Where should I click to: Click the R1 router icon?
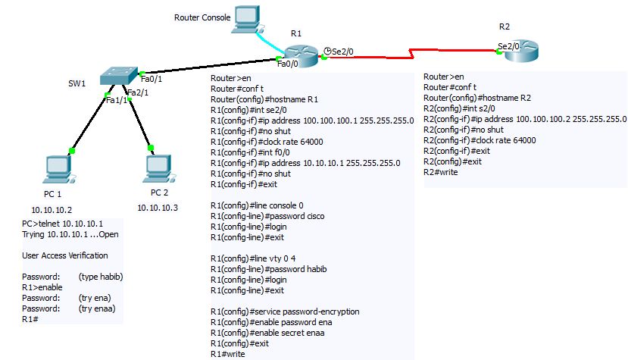coord(301,54)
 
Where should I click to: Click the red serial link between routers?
coord(409,54)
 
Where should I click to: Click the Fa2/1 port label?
coord(136,92)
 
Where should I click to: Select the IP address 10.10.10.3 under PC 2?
coord(157,208)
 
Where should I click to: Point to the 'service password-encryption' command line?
coord(285,311)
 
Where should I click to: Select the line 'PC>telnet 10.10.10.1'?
coord(62,224)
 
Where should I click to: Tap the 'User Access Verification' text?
coord(65,255)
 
